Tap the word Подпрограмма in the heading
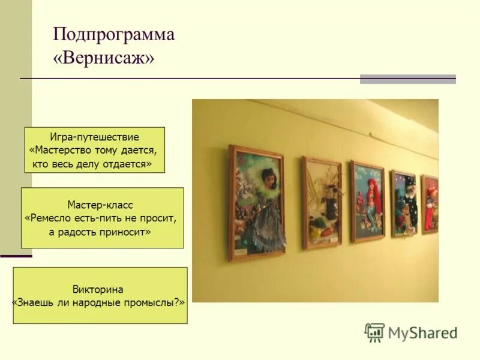114,34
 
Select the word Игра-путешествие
94,137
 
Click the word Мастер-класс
100,205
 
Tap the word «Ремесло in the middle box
52,218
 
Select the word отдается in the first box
130,163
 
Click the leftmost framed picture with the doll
256,203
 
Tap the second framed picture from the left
322,202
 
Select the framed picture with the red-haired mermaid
368,201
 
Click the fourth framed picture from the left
404,203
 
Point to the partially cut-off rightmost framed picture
430,204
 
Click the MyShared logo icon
374,332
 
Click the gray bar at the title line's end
407,79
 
